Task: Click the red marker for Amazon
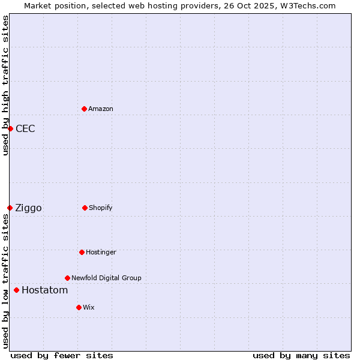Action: (x=84, y=109)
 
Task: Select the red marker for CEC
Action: (x=10, y=128)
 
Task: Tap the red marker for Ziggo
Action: (x=10, y=208)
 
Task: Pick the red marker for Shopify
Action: (x=85, y=208)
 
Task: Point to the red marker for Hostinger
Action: (x=82, y=252)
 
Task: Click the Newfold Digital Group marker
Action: (x=67, y=278)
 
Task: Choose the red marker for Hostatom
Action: (x=16, y=290)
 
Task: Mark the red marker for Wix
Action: (x=79, y=307)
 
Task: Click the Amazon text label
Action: (x=101, y=109)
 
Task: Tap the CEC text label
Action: (x=25, y=128)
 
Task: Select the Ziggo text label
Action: (x=28, y=208)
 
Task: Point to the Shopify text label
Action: (x=101, y=208)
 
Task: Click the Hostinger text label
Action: (x=101, y=252)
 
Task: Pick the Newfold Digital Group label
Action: (x=106, y=278)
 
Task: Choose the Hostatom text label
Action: (x=44, y=290)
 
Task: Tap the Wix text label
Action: (x=89, y=307)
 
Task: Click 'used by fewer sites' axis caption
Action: (x=62, y=355)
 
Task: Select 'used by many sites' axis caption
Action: (x=301, y=355)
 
